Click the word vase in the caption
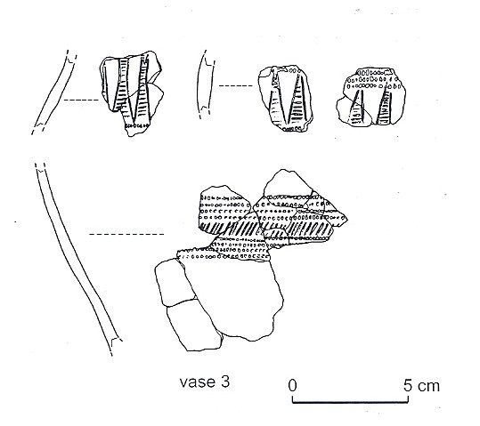pyautogui.click(x=197, y=382)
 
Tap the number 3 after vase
pyautogui.click(x=224, y=382)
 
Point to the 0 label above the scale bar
pyautogui.click(x=292, y=386)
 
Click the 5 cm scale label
pyautogui.click(x=421, y=386)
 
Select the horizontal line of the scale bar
pyautogui.click(x=350, y=403)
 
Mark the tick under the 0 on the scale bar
pyautogui.click(x=293, y=399)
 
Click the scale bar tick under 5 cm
pyautogui.click(x=408, y=399)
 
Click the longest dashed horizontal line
pyautogui.click(x=126, y=235)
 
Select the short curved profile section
pyautogui.click(x=205, y=85)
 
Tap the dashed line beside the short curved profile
pyautogui.click(x=236, y=86)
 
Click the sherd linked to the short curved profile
pyautogui.click(x=285, y=99)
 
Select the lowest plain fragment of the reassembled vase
pyautogui.click(x=194, y=326)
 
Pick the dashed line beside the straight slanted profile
pyautogui.click(x=81, y=100)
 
